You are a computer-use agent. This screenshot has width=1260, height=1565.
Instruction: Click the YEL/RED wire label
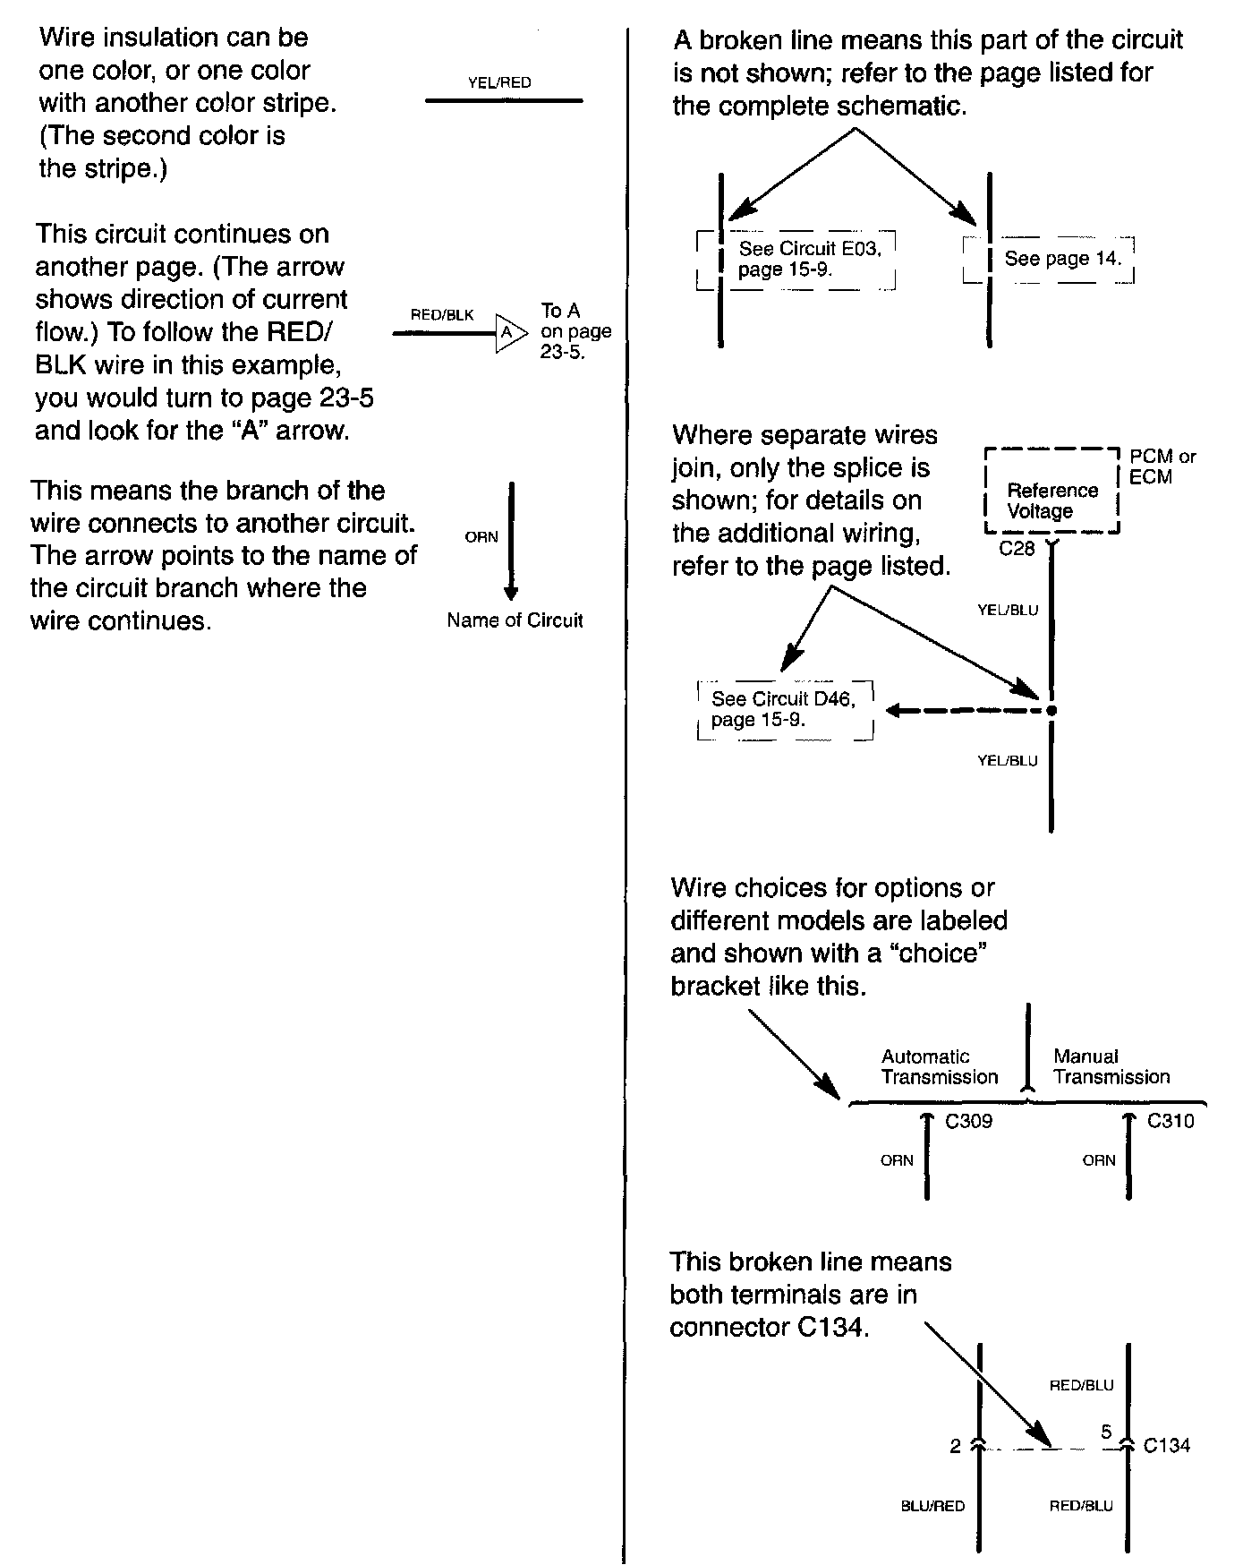point(499,82)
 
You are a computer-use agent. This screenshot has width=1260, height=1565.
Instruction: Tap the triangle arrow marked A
point(507,333)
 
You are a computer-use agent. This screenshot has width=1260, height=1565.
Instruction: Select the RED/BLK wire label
point(442,314)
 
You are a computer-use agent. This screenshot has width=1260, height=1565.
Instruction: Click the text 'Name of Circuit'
point(515,620)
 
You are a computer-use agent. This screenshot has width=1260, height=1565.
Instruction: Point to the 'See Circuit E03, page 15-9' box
point(796,260)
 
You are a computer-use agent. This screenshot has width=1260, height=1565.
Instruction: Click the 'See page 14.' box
point(1049,260)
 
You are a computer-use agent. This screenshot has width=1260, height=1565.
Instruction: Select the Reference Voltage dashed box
point(1051,492)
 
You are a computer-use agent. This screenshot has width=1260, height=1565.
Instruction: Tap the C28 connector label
point(1017,549)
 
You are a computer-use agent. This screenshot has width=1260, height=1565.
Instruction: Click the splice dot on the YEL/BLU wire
point(1051,711)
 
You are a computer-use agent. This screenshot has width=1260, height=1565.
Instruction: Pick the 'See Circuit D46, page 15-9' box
point(785,710)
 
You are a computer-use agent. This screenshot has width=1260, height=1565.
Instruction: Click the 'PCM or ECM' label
point(1162,466)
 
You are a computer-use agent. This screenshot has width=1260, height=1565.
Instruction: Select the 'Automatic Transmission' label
point(939,1066)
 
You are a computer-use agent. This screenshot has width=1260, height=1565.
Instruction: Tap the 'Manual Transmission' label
point(1111,1066)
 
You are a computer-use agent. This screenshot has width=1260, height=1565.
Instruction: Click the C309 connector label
point(969,1121)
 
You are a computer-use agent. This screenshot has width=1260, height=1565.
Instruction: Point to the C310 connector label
point(1171,1121)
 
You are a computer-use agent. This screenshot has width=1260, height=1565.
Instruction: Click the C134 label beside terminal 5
point(1167,1445)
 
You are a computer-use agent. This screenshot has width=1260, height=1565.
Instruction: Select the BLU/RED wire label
point(932,1506)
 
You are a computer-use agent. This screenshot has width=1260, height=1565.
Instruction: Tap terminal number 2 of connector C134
point(955,1446)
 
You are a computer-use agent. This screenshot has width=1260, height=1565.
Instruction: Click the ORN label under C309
point(897,1160)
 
